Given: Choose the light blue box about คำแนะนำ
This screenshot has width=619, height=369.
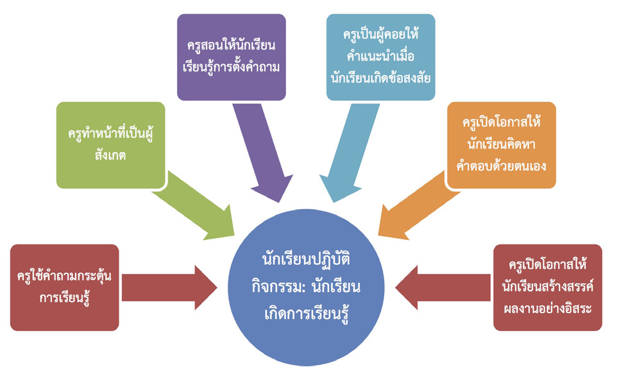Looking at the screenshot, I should (x=380, y=58).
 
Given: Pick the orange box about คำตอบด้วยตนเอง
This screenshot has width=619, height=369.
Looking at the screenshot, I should (x=502, y=145).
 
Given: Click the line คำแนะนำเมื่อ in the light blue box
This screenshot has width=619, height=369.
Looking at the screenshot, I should (x=380, y=57).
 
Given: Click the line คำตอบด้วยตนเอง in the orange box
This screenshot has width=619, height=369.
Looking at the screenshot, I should (x=502, y=165).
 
